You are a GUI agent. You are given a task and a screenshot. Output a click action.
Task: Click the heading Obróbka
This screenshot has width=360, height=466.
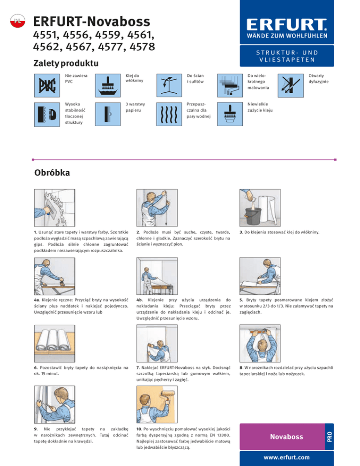(x=52, y=173)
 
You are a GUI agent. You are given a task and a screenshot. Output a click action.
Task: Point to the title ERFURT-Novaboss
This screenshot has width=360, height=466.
(x=92, y=22)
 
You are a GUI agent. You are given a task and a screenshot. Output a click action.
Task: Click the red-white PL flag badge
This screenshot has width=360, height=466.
(x=16, y=21)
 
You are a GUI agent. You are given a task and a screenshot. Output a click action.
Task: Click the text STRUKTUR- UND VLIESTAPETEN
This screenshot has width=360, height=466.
(x=287, y=56)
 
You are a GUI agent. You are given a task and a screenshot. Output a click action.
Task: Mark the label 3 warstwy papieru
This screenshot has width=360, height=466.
(x=135, y=108)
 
